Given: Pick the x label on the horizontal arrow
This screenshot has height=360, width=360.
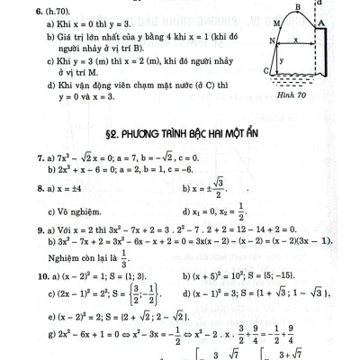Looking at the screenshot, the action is tap(296, 40).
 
